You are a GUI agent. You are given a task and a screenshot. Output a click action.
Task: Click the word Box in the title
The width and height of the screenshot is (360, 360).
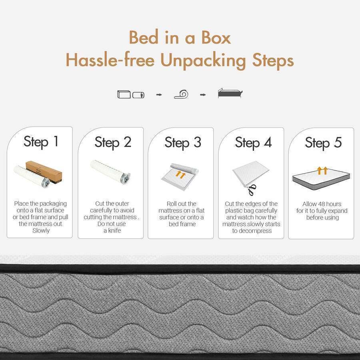[x=216, y=38]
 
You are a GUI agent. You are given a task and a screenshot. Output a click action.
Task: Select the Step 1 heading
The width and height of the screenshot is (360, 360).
[x=41, y=142]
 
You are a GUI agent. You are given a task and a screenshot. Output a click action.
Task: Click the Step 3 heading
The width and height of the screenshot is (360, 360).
[x=183, y=142]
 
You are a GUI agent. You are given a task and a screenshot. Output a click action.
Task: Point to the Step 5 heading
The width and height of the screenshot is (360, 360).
[x=323, y=143]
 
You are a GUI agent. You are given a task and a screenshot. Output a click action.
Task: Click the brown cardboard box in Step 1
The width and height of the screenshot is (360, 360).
[x=44, y=171]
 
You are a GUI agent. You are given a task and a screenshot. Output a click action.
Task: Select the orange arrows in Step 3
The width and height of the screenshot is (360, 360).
[x=180, y=174]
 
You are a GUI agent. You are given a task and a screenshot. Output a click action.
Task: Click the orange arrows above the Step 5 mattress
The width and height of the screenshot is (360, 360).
[x=322, y=170]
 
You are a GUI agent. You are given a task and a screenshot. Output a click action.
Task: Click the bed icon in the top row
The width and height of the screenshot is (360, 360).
[x=230, y=93]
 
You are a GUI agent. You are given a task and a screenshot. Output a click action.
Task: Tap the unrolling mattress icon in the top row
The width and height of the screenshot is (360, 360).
[x=181, y=94]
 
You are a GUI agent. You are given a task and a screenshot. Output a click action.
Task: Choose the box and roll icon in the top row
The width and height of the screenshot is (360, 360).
[x=131, y=94]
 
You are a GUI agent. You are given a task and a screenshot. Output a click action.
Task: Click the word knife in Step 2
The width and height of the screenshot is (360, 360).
[x=115, y=230]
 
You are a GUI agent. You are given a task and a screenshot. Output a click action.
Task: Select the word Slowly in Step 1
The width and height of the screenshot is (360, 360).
[x=41, y=230]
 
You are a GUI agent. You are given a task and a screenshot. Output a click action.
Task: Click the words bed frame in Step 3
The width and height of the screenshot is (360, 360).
[x=182, y=224]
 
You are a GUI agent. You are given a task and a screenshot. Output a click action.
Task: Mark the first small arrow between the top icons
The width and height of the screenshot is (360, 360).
[x=159, y=94]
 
